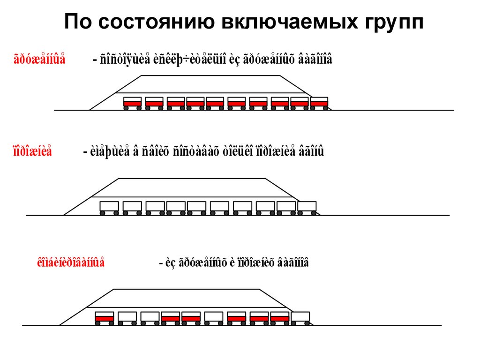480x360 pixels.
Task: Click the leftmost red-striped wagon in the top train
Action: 132,102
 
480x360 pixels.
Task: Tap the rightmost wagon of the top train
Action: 319,102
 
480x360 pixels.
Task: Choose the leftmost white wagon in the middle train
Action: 109,207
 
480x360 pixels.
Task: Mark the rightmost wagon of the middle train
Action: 307,207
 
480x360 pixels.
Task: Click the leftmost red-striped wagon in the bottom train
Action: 104,317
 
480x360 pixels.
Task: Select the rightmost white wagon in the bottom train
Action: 301,317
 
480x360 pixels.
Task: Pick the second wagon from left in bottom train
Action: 127,317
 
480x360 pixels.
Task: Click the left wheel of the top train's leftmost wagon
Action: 126,108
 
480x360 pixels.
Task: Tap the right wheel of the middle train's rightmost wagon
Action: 314,213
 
